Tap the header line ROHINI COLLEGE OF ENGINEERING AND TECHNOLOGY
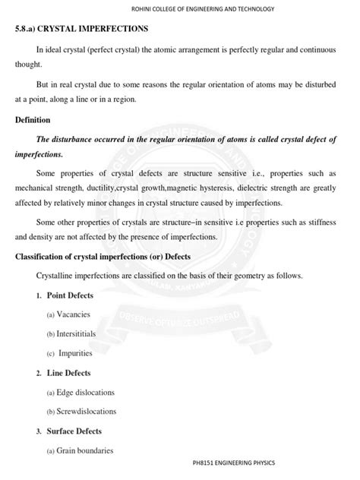click(x=179, y=8)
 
